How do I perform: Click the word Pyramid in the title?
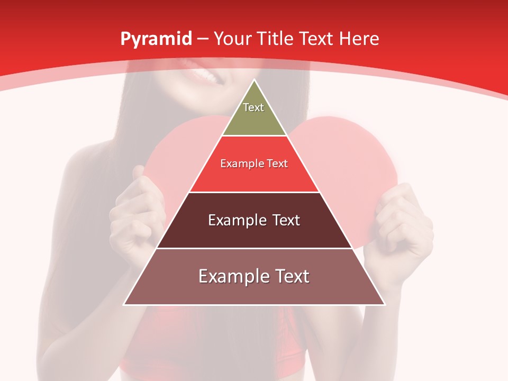coord(156,39)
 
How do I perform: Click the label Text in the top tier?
coord(253,107)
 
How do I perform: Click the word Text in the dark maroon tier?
coord(286,220)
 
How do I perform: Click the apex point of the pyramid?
coord(254,80)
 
